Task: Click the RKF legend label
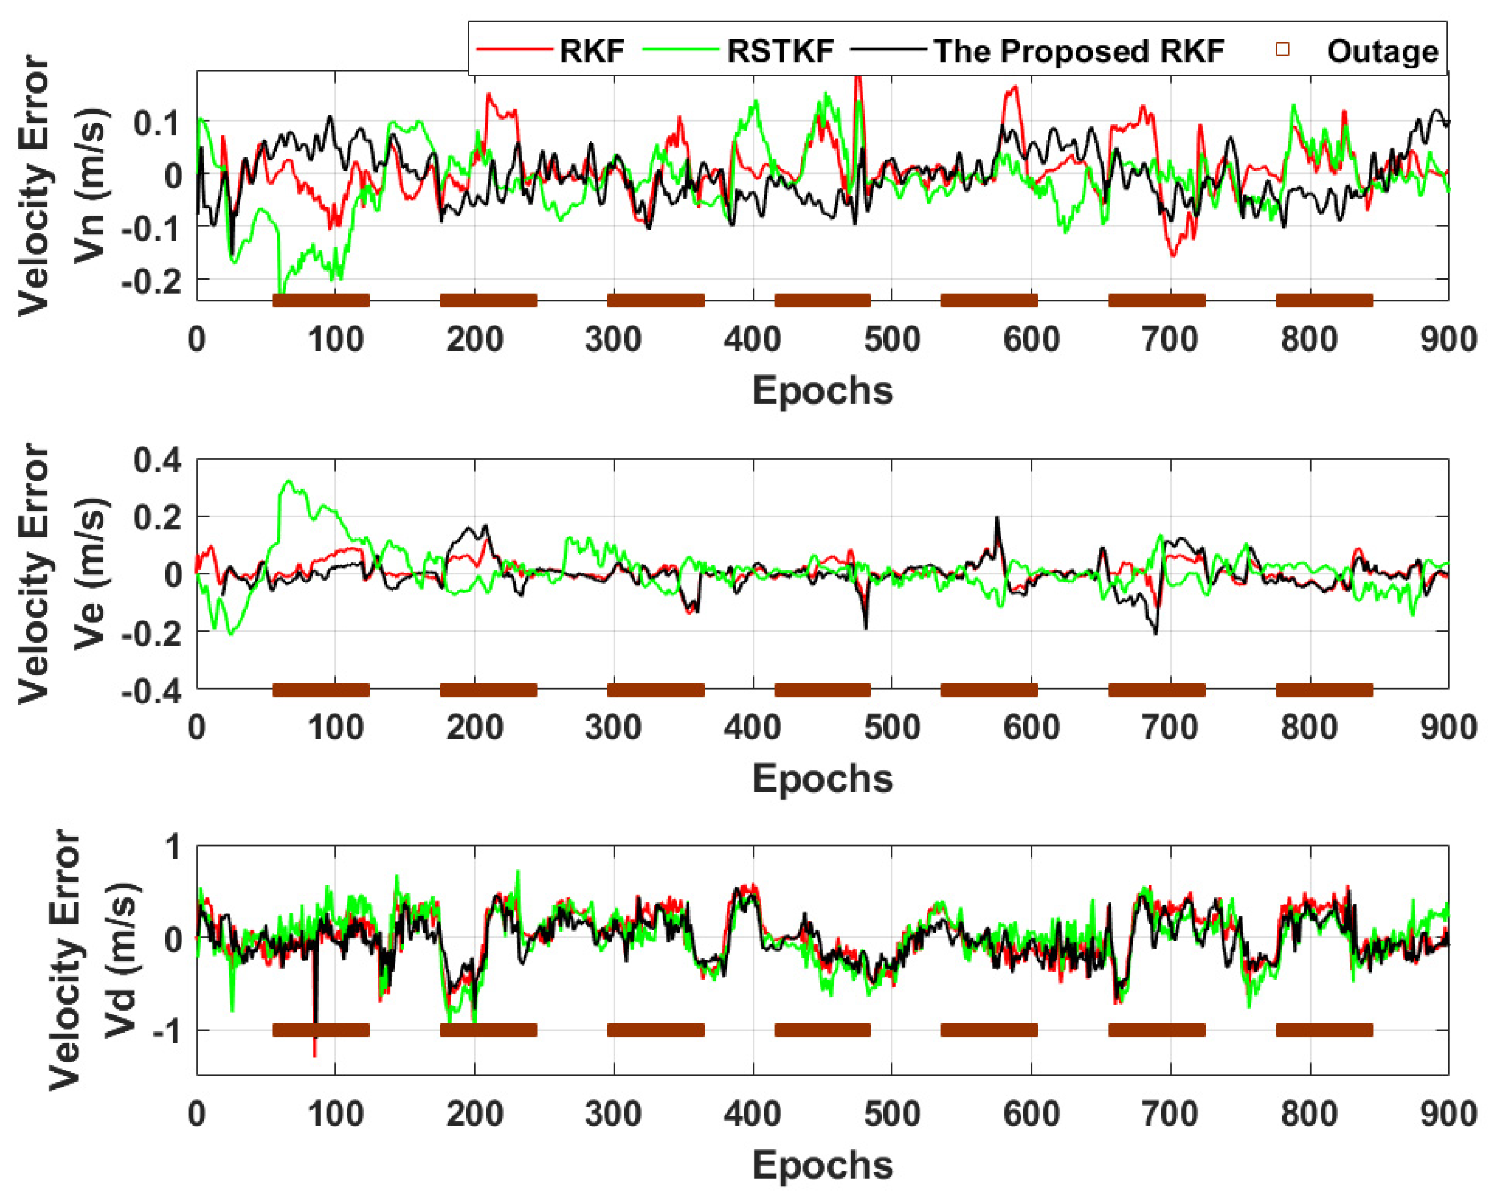(591, 51)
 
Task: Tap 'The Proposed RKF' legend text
(1078, 51)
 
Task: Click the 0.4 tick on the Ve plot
(157, 460)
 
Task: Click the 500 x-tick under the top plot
(892, 340)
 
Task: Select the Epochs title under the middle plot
(823, 778)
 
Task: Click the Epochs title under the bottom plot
(823, 1165)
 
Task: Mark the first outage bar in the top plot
(321, 301)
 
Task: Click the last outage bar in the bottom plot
(1324, 1030)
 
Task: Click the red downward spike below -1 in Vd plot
(315, 1052)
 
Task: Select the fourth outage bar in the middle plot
(823, 690)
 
